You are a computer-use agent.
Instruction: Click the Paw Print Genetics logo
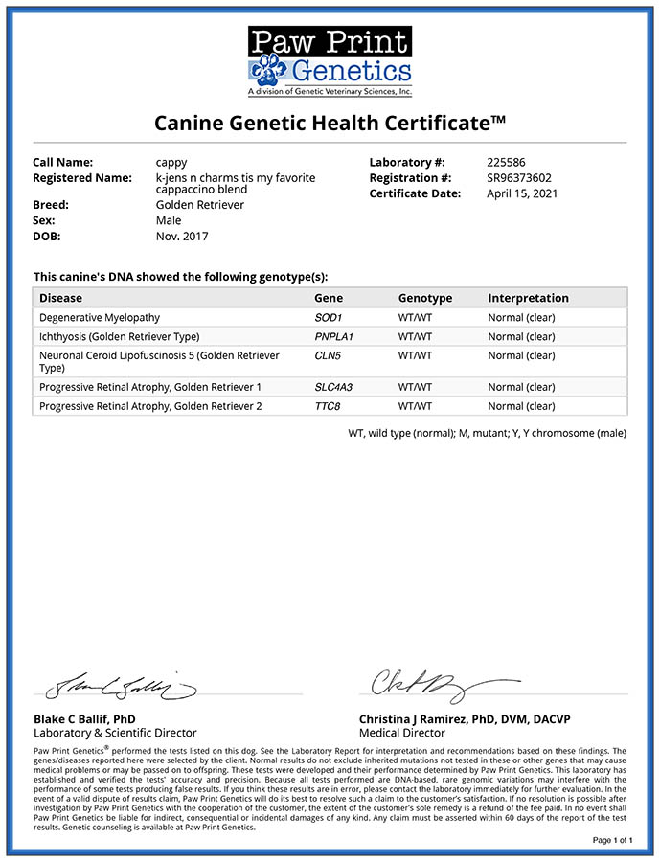[x=330, y=59]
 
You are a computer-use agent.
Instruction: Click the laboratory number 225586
[x=506, y=163]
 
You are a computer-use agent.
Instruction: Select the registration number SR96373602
[x=519, y=178]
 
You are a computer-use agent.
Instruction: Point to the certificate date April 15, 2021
[x=522, y=193]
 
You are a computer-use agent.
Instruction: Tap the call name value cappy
[x=171, y=163]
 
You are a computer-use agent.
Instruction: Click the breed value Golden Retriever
[x=199, y=205]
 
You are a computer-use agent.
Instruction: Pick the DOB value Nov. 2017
[x=181, y=236]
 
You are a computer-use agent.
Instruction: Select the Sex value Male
[x=168, y=220]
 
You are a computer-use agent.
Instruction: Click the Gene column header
[x=329, y=298]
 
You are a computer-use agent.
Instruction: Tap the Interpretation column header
[x=528, y=298]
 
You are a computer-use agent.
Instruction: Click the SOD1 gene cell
[x=329, y=317]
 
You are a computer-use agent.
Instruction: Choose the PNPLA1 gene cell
[x=334, y=336]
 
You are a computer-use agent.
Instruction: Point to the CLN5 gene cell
[x=329, y=355]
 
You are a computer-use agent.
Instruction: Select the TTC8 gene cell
[x=329, y=406]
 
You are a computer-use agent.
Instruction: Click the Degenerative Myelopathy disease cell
[x=100, y=317]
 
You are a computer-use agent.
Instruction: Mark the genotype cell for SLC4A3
[x=415, y=387]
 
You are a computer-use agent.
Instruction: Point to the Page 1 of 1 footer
[x=612, y=840]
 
